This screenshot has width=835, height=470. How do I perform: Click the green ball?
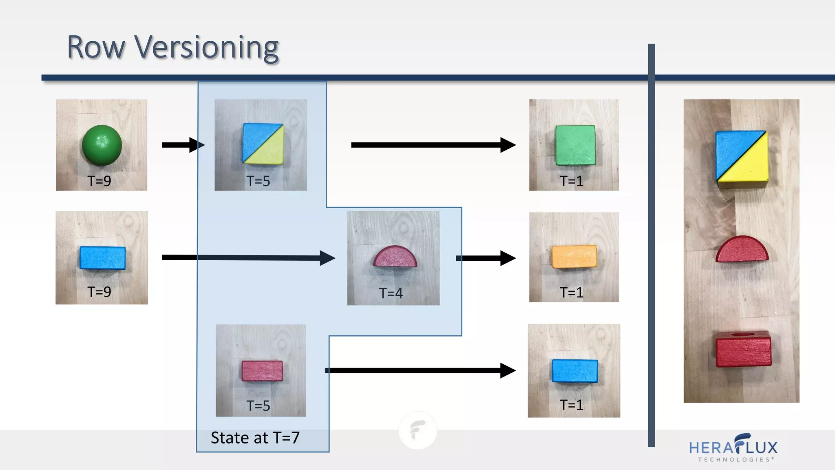coord(102,145)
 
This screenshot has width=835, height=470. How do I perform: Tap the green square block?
coord(575,145)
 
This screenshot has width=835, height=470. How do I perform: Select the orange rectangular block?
coord(574,257)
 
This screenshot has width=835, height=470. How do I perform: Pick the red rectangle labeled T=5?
coord(262,370)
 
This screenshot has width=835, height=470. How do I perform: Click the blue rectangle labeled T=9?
coord(103,258)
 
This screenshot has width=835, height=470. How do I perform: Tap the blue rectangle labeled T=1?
coord(575,371)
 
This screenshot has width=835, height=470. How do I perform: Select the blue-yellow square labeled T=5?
coord(263,144)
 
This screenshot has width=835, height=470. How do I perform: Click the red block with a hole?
coord(744,349)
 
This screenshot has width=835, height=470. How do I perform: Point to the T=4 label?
coord(391,293)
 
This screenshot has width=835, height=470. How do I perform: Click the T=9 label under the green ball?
coord(99,181)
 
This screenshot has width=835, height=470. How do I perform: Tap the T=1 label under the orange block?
coord(572,292)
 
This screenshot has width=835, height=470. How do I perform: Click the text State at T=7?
coord(255,438)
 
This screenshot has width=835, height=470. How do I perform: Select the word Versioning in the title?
coord(207,47)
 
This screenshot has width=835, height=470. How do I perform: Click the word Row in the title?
coord(96,47)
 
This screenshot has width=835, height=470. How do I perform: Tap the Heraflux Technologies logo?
coord(733,448)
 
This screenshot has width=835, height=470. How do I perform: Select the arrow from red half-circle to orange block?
coord(486,258)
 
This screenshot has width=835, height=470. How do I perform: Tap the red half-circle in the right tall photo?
coord(742,249)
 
